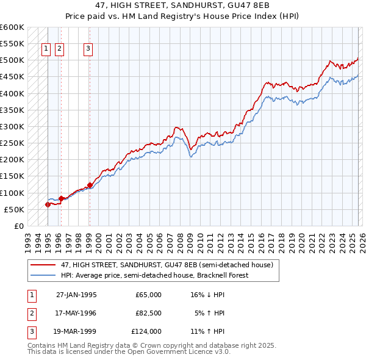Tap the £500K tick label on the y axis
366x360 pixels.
coord(12,60)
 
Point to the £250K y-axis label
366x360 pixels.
coord(12,143)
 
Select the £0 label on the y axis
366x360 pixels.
coord(18,226)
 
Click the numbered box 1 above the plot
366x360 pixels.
coord(46,50)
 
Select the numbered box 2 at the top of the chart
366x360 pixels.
coord(59,50)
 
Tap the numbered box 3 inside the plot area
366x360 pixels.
coord(88,50)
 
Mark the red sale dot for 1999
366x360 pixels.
coord(90,185)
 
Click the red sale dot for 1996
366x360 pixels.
coord(61,198)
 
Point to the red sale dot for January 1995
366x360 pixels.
coord(48,204)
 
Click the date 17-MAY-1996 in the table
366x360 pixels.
coord(76,313)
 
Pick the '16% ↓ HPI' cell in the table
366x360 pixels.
coord(207,295)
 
